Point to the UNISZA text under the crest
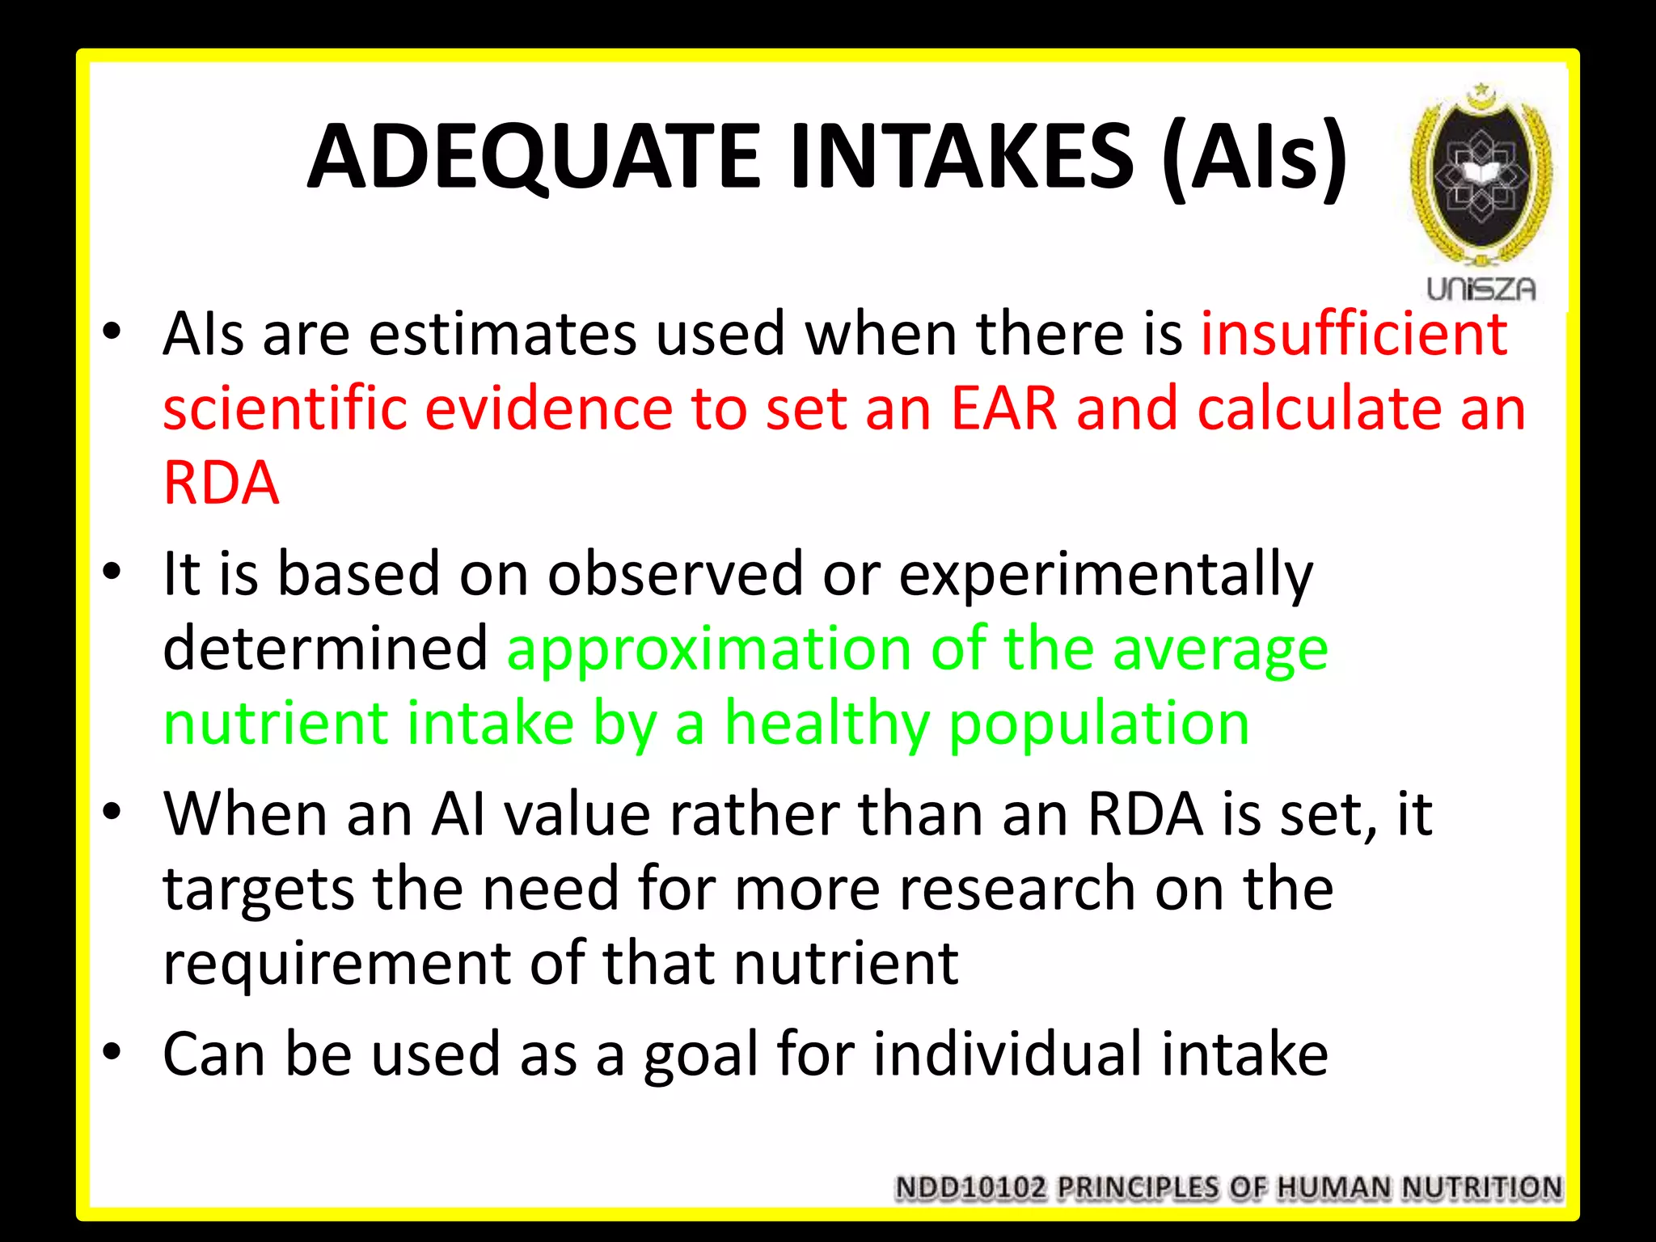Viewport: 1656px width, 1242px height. (1481, 289)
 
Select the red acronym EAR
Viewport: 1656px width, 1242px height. (1003, 408)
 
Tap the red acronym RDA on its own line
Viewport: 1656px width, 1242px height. (221, 484)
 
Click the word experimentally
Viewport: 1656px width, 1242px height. (1105, 575)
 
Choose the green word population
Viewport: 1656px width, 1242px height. (1099, 723)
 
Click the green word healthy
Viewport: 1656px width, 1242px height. (826, 723)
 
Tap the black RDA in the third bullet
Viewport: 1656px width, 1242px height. (1145, 814)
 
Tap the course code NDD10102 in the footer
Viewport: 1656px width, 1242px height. (970, 1188)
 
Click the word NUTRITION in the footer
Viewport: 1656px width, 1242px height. (1481, 1188)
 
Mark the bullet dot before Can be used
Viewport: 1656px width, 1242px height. (112, 1052)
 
